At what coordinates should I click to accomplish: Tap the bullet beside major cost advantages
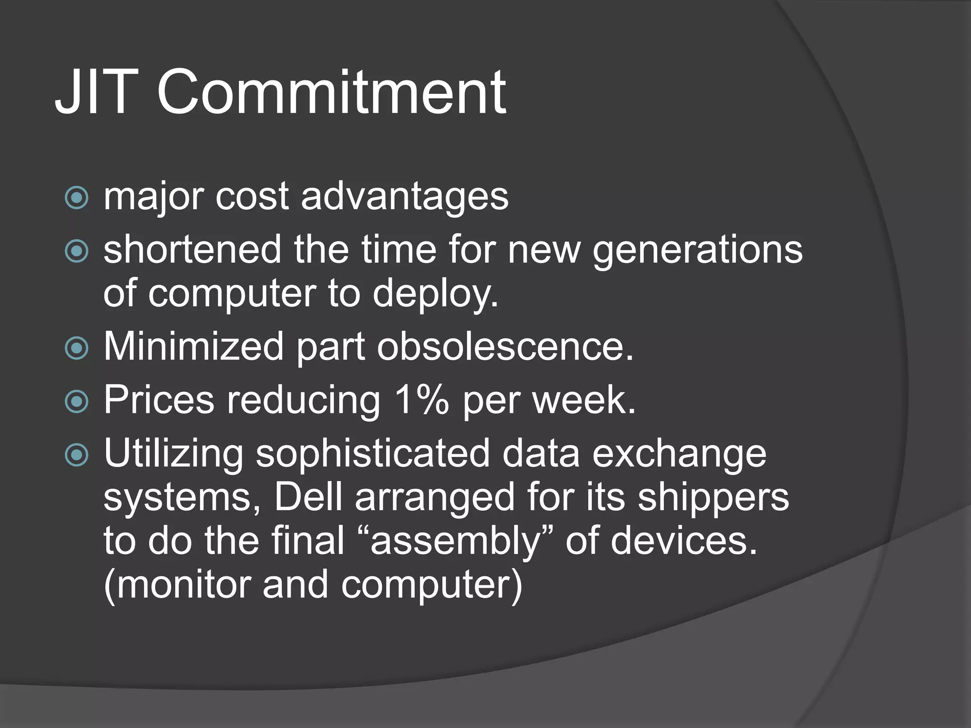(x=76, y=197)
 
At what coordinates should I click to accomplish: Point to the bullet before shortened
(x=76, y=251)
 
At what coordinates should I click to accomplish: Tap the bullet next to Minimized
(x=76, y=348)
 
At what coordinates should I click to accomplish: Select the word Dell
(x=308, y=497)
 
